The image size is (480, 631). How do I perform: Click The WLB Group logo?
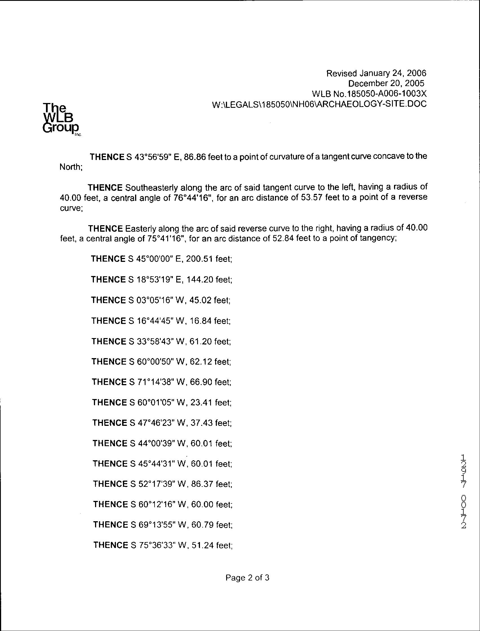[61, 119]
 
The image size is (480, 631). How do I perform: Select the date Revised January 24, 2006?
[376, 73]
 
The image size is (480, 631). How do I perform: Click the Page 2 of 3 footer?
[247, 578]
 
